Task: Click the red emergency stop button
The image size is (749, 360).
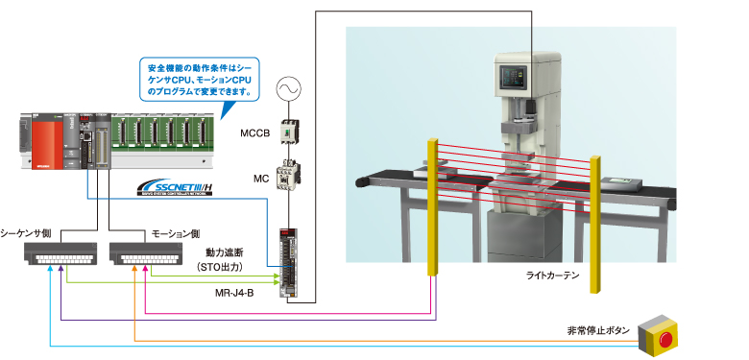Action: point(664,336)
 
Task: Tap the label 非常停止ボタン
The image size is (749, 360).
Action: point(599,331)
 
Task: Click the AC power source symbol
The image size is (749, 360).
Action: point(286,90)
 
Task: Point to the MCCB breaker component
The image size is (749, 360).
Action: point(287,133)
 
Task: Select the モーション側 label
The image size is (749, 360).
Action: point(177,233)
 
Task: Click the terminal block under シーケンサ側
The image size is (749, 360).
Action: point(62,253)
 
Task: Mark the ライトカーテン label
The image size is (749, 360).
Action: point(553,276)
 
